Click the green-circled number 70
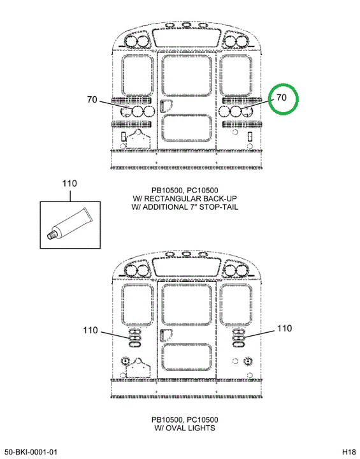tap(281, 98)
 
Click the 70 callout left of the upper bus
tap(92, 100)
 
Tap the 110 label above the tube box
tap(69, 184)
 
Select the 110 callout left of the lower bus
tap(90, 330)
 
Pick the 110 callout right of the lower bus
tap(284, 328)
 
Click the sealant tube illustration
tap(69, 224)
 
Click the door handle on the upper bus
tap(166, 106)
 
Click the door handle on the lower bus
tap(166, 335)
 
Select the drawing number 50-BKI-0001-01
tap(31, 452)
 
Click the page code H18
tap(349, 451)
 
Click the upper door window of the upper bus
tap(187, 75)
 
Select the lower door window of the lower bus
tap(187, 358)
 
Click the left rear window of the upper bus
tap(138, 75)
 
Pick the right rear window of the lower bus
tap(236, 305)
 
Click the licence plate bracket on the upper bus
tap(138, 140)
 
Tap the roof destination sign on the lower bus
tap(187, 267)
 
